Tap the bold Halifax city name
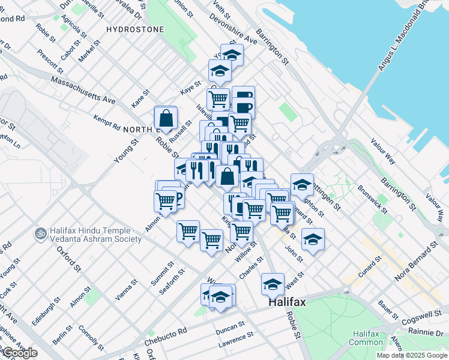click(x=286, y=303)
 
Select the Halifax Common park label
click(x=367, y=338)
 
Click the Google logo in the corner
click(x=19, y=353)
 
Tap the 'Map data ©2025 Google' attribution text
click(x=412, y=355)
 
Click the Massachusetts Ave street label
click(x=83, y=89)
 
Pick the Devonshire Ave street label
click(x=233, y=29)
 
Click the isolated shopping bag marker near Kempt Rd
click(x=165, y=118)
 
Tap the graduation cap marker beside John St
click(x=312, y=240)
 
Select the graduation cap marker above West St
click(x=273, y=284)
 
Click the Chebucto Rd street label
click(x=166, y=337)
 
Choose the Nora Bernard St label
click(x=417, y=263)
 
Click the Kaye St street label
click(x=190, y=88)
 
